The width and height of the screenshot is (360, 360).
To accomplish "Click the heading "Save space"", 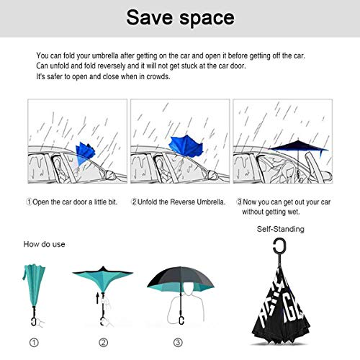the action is point(180,17).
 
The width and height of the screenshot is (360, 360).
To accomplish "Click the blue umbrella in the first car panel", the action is point(85,153).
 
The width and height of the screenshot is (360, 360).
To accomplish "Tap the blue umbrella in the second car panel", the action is point(186,146).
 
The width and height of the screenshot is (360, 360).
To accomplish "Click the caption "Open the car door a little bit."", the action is point(75,202).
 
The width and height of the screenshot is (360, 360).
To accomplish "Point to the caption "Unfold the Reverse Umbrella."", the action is point(181,202).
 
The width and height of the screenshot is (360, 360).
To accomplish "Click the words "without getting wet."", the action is point(271,212).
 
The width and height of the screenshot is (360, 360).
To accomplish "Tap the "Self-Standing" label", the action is point(280,229).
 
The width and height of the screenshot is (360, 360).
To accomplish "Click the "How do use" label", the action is point(44,244).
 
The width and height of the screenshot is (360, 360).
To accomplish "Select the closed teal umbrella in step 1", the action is point(34,286).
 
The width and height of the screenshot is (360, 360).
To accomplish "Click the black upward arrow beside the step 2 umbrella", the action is point(97,298).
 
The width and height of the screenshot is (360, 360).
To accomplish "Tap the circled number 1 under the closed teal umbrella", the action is point(34,343).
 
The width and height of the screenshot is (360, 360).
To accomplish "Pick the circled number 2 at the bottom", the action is point(104,343).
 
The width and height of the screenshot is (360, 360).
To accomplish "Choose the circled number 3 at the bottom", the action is point(178,343).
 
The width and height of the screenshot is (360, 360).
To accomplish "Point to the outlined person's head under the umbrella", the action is point(189,289).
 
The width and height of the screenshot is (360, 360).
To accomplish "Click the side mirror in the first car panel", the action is point(110,174).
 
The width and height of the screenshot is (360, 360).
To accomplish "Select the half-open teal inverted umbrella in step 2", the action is point(103,279).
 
